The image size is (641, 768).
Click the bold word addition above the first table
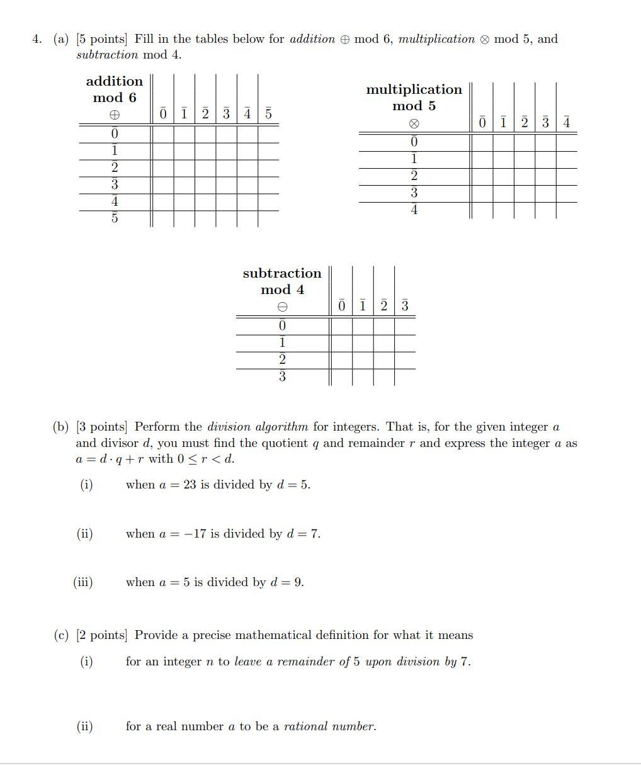[x=114, y=81]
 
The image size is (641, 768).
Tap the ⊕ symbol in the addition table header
[x=114, y=115]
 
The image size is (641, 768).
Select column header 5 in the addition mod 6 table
[x=268, y=114]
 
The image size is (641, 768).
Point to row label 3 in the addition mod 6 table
[x=114, y=184]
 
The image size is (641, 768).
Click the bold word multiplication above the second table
[x=414, y=90]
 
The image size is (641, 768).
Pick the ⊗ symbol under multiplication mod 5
[x=414, y=123]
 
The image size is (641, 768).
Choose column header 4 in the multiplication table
[x=567, y=122]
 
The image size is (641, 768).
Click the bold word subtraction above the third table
[x=282, y=273]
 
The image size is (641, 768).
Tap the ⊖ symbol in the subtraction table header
[x=283, y=307]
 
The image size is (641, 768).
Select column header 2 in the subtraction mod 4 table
[x=383, y=306]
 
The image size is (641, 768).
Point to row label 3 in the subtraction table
[x=282, y=376]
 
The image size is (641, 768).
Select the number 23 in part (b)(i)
[x=190, y=485]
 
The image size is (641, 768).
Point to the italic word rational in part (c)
[x=306, y=726]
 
